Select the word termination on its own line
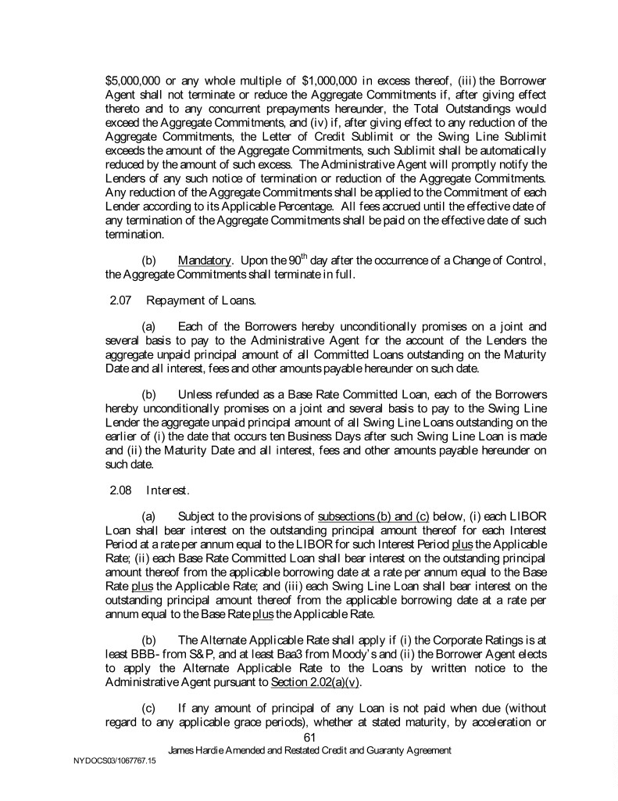tap(134, 233)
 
